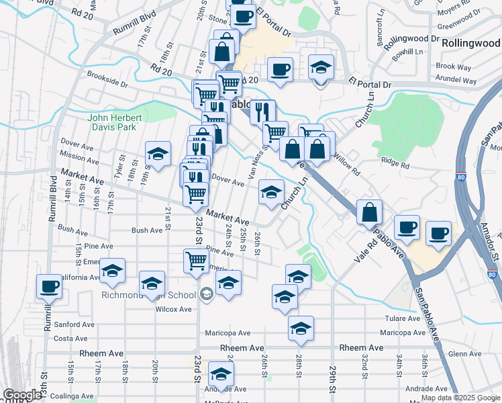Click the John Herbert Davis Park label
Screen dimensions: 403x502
point(111,122)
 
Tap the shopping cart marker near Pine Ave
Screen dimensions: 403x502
point(195,261)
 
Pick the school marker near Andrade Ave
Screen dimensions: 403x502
point(220,374)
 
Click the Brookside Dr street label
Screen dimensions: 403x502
point(107,82)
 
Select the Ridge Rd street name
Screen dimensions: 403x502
point(395,162)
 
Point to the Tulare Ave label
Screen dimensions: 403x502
point(402,318)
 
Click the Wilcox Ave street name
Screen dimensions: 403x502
point(174,309)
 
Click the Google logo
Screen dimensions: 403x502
point(22,395)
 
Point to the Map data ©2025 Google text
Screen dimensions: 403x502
point(460,398)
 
